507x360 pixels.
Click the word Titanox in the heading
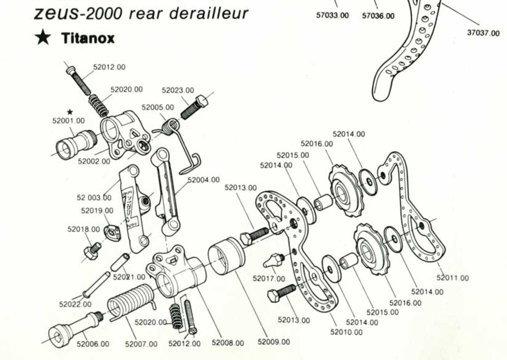88,38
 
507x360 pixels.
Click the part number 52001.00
69,121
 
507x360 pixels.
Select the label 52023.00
178,90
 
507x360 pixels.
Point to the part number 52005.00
158,107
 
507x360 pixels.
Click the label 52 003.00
94,198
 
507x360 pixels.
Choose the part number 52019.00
97,210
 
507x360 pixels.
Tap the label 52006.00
93,344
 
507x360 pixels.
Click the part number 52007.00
141,344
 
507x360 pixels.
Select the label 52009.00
274,342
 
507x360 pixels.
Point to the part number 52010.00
346,332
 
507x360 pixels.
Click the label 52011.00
453,278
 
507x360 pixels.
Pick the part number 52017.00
269,279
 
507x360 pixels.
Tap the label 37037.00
483,33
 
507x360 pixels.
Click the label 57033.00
333,15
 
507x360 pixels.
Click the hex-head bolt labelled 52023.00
194,107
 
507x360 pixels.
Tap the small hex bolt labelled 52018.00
92,251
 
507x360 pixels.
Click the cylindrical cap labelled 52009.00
226,256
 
